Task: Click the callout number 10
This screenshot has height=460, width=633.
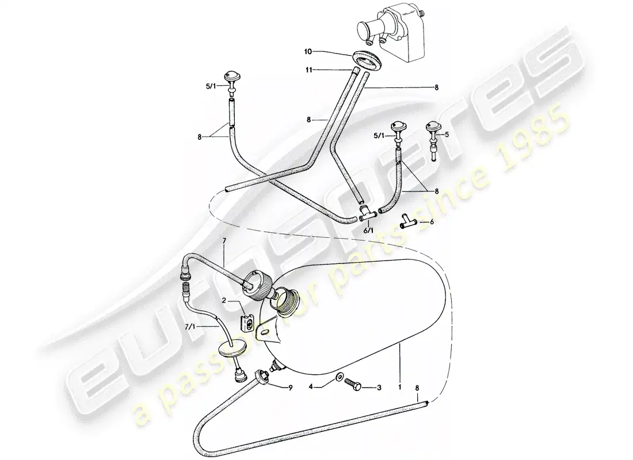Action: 308,52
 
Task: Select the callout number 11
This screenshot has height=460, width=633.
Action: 309,70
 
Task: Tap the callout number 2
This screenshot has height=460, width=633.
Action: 224,301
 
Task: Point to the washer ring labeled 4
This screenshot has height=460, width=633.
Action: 338,377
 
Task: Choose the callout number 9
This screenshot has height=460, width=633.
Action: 290,388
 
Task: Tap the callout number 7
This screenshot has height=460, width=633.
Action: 225,241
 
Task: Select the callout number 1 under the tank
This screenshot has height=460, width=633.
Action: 400,388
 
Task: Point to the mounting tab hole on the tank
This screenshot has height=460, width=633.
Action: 265,332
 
